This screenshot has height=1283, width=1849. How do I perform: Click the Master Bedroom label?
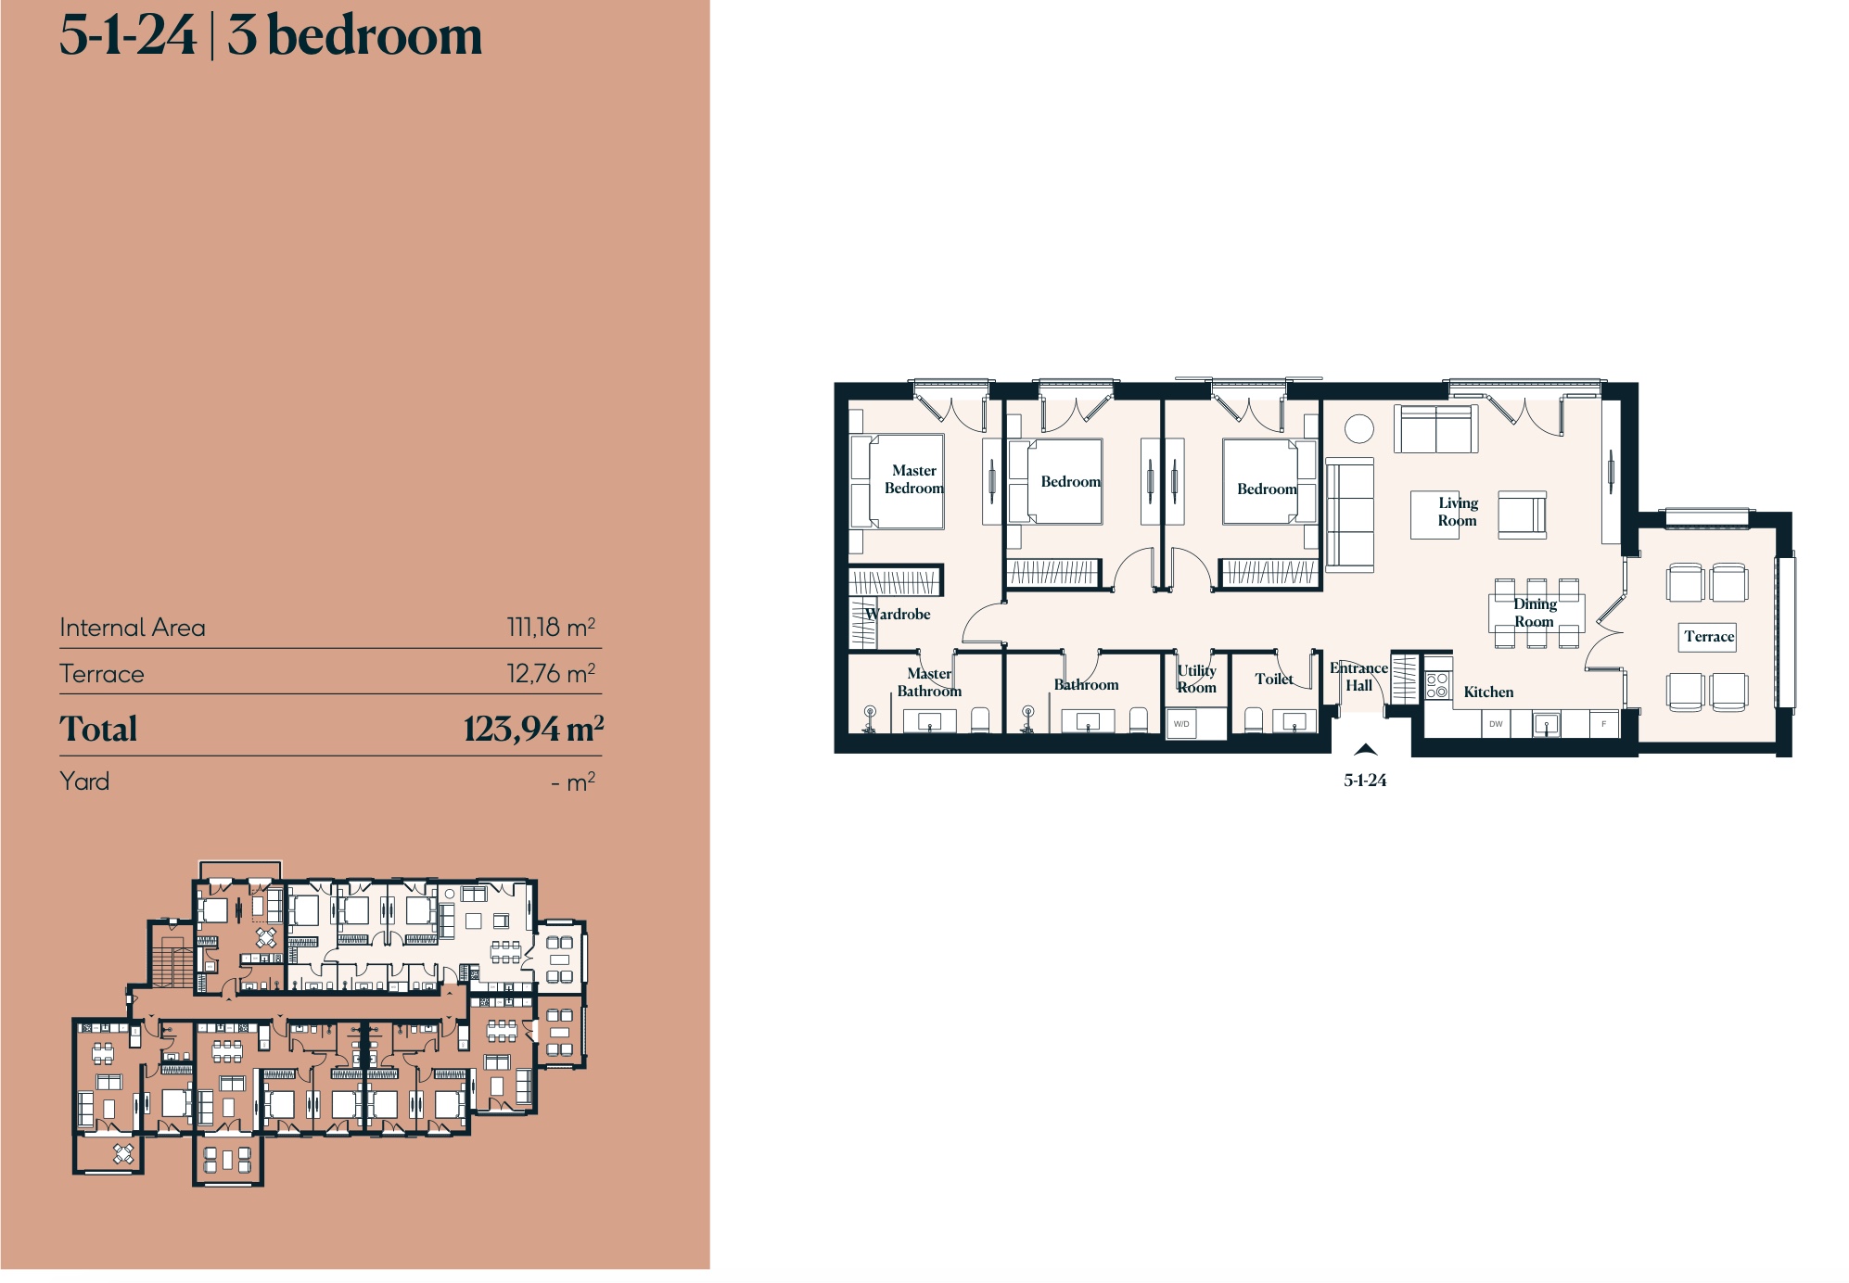tap(913, 479)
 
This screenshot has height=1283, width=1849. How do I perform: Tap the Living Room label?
tap(1458, 512)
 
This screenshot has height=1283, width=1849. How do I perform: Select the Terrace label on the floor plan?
tap(1709, 637)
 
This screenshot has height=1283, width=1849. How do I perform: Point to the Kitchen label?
tap(1488, 692)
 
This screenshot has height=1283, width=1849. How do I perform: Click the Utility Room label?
tap(1196, 679)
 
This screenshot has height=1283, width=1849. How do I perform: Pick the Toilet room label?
tap(1274, 679)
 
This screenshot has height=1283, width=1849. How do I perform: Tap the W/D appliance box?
tap(1181, 723)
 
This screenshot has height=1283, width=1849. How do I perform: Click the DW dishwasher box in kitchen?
tap(1496, 724)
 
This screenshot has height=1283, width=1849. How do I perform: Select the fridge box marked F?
tap(1603, 724)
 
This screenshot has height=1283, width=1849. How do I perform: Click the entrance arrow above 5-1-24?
tap(1365, 749)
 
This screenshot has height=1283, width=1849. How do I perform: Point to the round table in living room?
tap(1358, 428)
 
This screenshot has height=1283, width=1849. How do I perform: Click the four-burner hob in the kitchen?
tap(1437, 685)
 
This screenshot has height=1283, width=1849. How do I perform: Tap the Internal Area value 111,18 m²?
tap(551, 628)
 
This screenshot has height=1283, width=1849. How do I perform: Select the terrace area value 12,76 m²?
tap(551, 673)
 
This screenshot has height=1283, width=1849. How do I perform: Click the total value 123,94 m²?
tap(533, 729)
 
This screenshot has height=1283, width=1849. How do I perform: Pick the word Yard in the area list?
tap(84, 781)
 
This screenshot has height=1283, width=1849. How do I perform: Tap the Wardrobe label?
tap(898, 614)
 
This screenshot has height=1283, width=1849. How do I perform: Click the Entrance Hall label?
tap(1358, 677)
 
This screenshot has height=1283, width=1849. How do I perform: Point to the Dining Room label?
tap(1535, 613)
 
